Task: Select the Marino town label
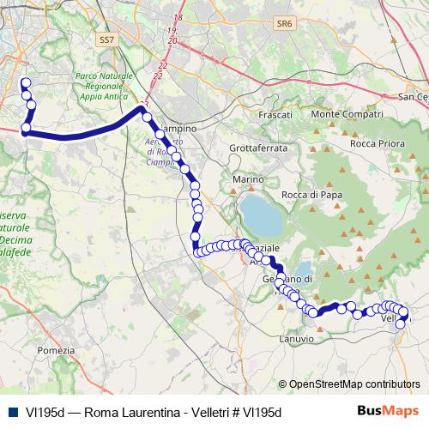(x=245, y=178)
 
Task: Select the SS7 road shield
(x=106, y=39)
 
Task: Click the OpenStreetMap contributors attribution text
(x=353, y=384)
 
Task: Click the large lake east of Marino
(x=262, y=215)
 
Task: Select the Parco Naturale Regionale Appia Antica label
(x=104, y=87)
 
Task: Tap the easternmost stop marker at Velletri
(x=404, y=313)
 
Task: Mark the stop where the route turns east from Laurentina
(x=26, y=129)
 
